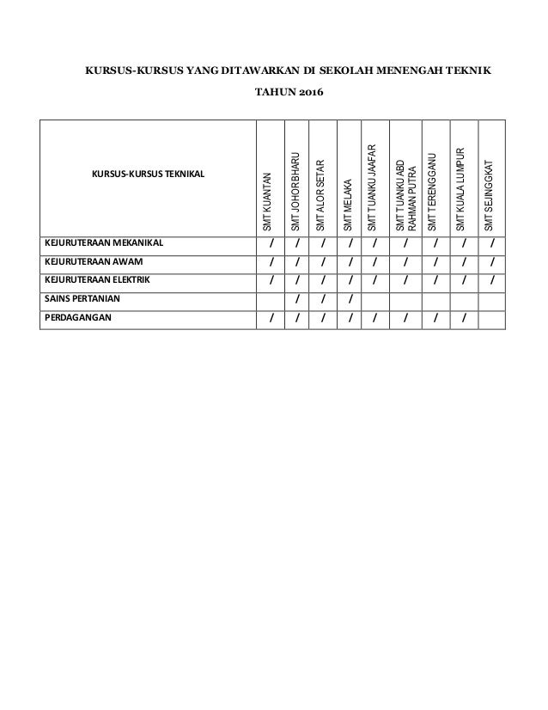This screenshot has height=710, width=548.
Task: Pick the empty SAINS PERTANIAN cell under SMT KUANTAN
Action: tap(271, 299)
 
